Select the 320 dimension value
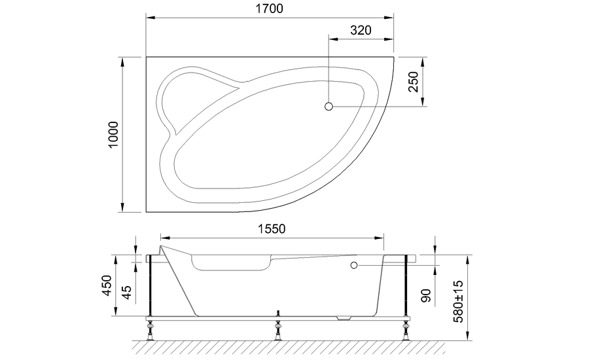(361, 30)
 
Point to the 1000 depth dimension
(113, 134)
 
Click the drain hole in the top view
(329, 106)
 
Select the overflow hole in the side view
(354, 265)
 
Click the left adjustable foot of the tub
(151, 330)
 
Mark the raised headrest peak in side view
(164, 249)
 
